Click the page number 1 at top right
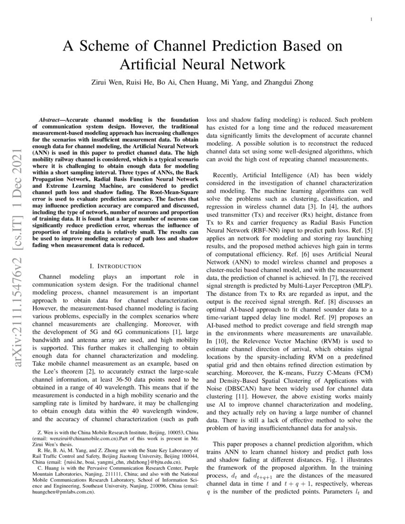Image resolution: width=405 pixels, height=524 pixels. tap(371, 19)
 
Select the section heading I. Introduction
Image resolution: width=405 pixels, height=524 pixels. tap(115, 265)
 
